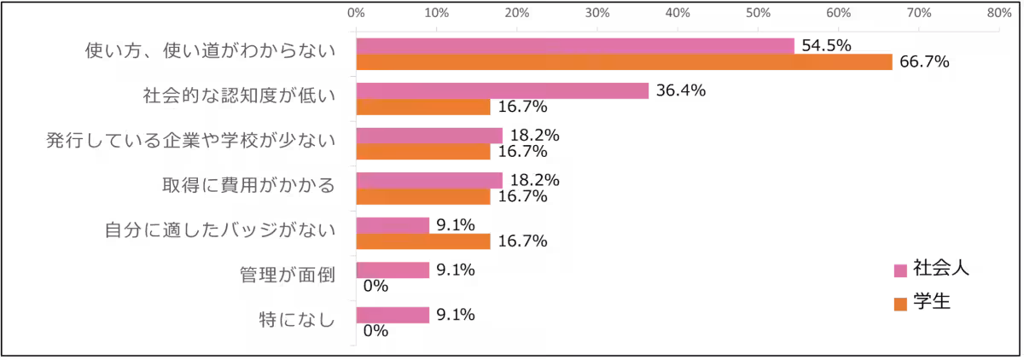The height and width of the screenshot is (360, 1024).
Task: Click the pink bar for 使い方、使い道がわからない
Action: click(575, 46)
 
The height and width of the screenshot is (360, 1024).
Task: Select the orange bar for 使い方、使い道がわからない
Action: click(625, 62)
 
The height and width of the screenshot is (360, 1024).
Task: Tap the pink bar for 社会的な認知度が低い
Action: click(503, 91)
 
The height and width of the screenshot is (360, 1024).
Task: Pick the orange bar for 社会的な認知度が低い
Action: click(423, 107)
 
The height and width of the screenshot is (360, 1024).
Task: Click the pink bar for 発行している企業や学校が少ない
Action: click(429, 136)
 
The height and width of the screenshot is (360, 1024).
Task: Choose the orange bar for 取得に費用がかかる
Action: click(423, 197)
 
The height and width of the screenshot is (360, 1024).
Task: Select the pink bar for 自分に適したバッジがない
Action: click(393, 225)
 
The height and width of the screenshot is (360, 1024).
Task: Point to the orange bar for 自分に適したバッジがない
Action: click(423, 242)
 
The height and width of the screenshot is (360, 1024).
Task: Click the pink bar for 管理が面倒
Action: click(393, 270)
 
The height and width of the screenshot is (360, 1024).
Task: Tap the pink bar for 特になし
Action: click(393, 316)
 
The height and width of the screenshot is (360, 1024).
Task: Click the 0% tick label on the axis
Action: click(356, 14)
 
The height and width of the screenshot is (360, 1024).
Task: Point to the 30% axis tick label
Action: click(597, 14)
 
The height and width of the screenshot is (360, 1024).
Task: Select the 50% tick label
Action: click(758, 14)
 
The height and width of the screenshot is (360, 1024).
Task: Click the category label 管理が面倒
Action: click(288, 276)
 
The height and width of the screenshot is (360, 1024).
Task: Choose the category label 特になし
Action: click(297, 321)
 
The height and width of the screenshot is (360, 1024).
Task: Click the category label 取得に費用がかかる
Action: click(248, 185)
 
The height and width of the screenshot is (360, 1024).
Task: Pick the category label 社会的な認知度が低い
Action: click(239, 96)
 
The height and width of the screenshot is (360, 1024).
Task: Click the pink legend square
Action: click(899, 271)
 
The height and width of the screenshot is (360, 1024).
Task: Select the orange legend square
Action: click(899, 305)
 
